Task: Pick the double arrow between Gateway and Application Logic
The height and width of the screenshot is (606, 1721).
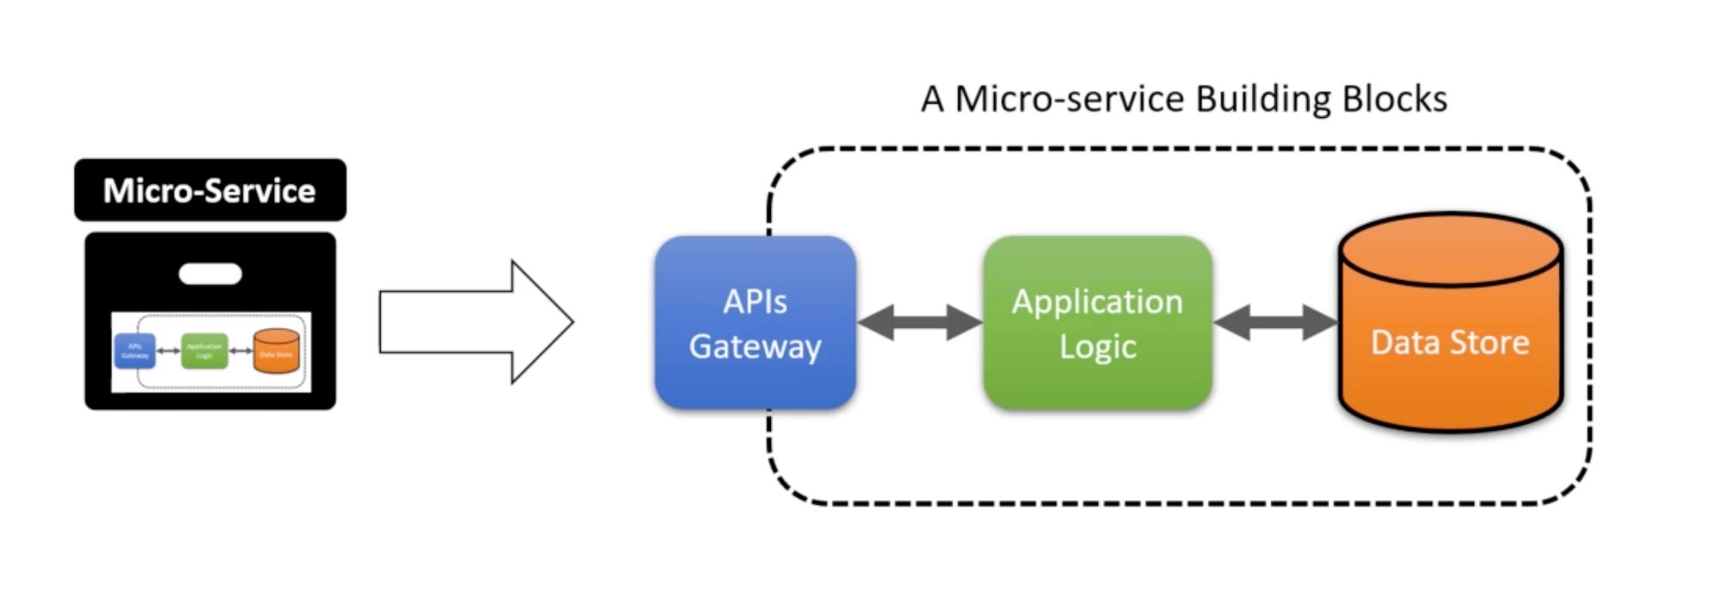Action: [920, 323]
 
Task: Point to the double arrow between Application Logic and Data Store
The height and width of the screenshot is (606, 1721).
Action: [1275, 323]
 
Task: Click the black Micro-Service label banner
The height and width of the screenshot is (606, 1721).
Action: [210, 190]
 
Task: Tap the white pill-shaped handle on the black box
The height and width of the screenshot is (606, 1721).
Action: [210, 275]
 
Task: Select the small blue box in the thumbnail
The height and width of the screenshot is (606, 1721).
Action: [135, 350]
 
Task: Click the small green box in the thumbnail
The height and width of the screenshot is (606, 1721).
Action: [204, 350]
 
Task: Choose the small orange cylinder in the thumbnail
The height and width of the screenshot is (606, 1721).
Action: [276, 351]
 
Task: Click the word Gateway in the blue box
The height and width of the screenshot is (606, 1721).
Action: [755, 347]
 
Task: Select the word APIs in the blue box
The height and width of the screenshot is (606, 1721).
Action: [755, 302]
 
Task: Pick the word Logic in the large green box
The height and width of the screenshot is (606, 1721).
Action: [1097, 347]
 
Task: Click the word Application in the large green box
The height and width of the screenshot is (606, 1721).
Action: [1097, 302]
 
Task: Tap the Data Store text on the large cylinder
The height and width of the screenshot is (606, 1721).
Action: [1450, 343]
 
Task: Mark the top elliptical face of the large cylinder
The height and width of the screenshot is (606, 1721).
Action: [1451, 250]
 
